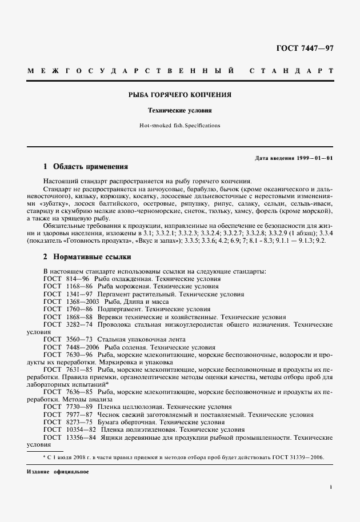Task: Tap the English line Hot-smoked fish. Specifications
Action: pyautogui.click(x=180, y=125)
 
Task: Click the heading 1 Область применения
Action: pyautogui.click(x=85, y=167)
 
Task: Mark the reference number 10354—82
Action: pyautogui.click(x=82, y=429)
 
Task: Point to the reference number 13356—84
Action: pyautogui.click(x=82, y=436)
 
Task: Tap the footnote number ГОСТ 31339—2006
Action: pyautogui.click(x=303, y=458)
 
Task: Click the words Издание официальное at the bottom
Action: pyautogui.click(x=58, y=472)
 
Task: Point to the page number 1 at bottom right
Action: pyautogui.click(x=331, y=487)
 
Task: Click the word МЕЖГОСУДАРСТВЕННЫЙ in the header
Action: pyautogui.click(x=131, y=71)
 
